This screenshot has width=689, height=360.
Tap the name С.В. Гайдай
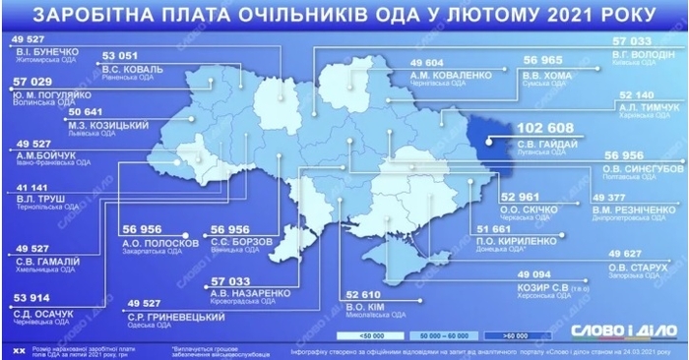(544, 145)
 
